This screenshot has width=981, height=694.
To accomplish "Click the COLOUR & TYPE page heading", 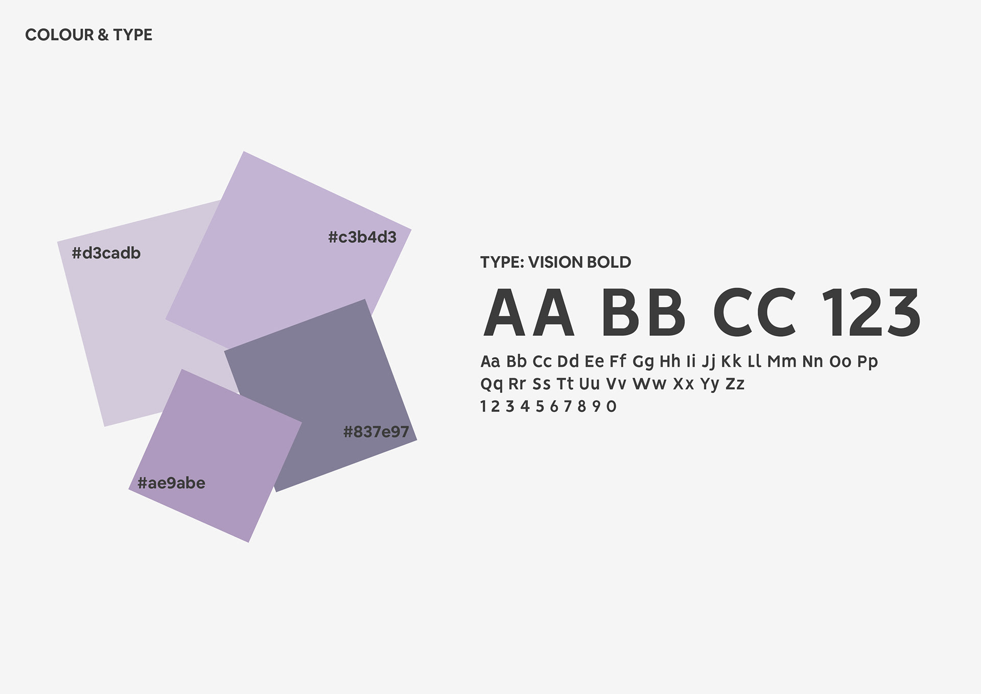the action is [x=88, y=35].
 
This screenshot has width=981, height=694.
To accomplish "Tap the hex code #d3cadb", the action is [x=106, y=253].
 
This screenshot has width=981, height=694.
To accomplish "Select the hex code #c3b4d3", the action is [x=362, y=237].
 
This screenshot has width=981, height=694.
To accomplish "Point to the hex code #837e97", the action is [x=376, y=432].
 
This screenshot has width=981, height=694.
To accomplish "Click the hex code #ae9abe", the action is [x=171, y=483].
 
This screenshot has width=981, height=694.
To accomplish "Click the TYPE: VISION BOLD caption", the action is [x=555, y=262].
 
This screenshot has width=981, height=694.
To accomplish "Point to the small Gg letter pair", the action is [x=643, y=362].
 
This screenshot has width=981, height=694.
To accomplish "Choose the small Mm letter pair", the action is [x=782, y=362].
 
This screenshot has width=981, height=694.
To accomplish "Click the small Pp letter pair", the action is [x=868, y=362].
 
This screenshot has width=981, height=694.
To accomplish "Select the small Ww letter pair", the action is [x=649, y=384].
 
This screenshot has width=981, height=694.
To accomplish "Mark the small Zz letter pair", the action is [x=735, y=384].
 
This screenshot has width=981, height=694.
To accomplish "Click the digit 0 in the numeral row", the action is [x=611, y=407].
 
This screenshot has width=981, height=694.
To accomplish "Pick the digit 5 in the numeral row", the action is [x=540, y=407].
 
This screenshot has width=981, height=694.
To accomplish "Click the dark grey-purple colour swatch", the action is [x=321, y=396].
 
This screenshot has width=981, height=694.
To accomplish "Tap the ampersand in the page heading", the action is [x=103, y=35].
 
